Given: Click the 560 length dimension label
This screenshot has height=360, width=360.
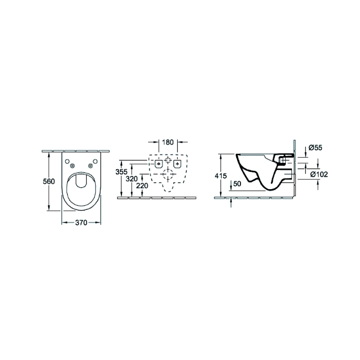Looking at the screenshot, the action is [49, 181].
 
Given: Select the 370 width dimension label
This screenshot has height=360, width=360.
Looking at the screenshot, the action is [81, 222].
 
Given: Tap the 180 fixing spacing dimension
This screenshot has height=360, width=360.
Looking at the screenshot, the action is [168, 142].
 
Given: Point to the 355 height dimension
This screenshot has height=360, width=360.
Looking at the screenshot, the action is [121, 171].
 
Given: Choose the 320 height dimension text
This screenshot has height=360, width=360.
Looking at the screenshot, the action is [131, 179].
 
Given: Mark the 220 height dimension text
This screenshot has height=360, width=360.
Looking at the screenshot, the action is [142, 185].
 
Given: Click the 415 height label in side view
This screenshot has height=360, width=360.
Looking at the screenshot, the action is [220, 176].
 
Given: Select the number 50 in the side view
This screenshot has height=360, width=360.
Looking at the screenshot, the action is [237, 184].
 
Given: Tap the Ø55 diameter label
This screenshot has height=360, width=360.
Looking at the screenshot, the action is [315, 148].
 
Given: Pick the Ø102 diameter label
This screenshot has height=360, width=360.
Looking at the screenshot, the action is [319, 175].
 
